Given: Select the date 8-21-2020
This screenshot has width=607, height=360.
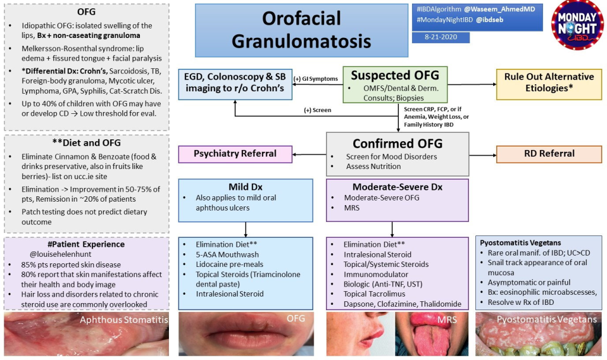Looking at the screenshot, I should [440, 37].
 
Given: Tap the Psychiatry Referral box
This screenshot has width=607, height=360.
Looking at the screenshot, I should [236, 154].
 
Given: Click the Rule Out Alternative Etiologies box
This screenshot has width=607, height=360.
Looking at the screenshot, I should [549, 83].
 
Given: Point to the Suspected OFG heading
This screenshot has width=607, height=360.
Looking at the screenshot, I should [395, 75].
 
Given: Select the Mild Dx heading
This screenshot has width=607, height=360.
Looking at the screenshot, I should [245, 187].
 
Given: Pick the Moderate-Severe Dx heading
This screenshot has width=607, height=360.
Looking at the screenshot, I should [397, 187].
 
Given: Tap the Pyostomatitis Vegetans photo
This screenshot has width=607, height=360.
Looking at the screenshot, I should [539, 336].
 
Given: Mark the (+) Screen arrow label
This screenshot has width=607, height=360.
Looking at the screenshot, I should [317, 110].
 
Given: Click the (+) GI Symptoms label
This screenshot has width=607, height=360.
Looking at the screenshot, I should [316, 78].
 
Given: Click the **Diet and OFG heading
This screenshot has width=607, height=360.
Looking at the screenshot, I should [87, 143].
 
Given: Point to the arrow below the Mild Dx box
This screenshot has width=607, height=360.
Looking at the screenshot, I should [245, 230].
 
